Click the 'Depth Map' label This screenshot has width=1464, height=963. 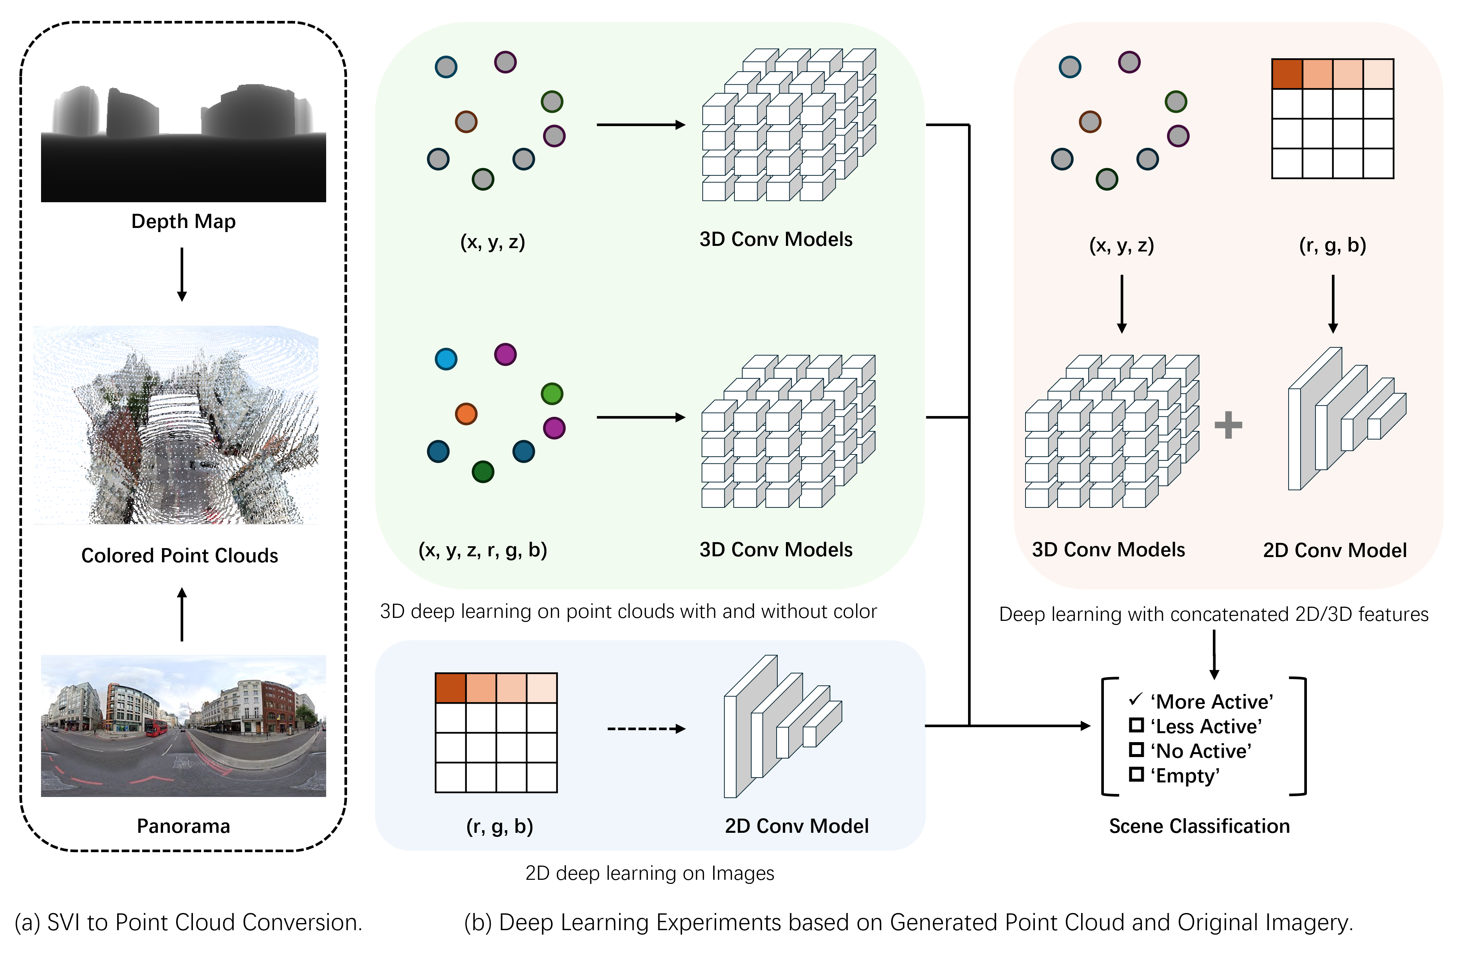click(x=183, y=221)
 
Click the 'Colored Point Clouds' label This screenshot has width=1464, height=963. click(x=180, y=555)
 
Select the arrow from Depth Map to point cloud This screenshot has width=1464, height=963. click(x=182, y=274)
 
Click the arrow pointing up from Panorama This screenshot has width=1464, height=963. click(x=182, y=614)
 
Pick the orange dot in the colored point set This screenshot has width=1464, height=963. click(x=466, y=414)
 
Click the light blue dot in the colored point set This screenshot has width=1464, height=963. click(x=446, y=359)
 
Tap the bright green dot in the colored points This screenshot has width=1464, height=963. click(x=552, y=394)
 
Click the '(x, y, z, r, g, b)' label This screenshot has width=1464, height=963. click(x=483, y=549)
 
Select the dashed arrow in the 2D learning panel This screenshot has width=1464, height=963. click(x=646, y=729)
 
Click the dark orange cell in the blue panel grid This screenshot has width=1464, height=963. click(x=450, y=688)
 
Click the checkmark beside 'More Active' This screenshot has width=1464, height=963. click(x=1136, y=700)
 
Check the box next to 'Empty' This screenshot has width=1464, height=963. click(x=1136, y=774)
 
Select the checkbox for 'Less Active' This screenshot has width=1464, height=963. click(x=1136, y=725)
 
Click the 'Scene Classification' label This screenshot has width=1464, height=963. click(x=1199, y=826)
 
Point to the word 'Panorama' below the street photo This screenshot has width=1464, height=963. click(x=183, y=826)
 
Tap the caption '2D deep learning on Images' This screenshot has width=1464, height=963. click(x=650, y=873)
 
